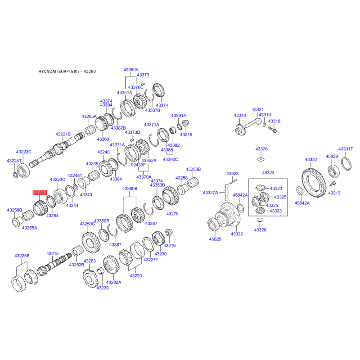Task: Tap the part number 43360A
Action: tap(131, 70)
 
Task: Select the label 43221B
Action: tap(63, 134)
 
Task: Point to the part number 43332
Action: tap(311, 160)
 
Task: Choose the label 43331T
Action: tap(346, 149)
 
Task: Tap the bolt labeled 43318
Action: tap(273, 130)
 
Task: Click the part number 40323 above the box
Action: tap(268, 173)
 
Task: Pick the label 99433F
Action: tap(138, 165)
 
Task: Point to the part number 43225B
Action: tap(22, 256)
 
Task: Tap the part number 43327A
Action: tap(210, 193)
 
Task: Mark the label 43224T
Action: tap(14, 161)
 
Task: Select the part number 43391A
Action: tap(179, 116)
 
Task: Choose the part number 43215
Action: tap(53, 254)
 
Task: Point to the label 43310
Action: tap(240, 116)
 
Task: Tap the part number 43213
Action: tap(334, 193)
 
